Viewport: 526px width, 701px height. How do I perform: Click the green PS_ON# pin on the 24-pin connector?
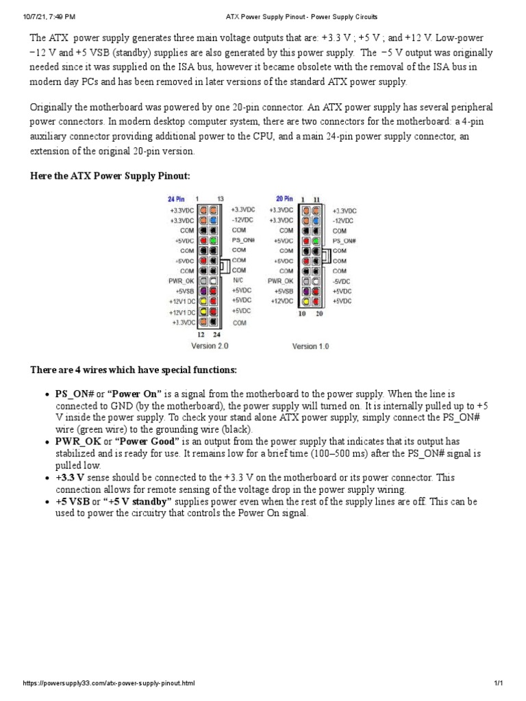pyautogui.click(x=214, y=241)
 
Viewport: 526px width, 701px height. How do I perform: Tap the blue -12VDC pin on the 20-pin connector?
pyautogui.click(x=315, y=221)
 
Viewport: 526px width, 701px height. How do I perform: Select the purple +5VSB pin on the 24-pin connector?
pyautogui.click(x=203, y=291)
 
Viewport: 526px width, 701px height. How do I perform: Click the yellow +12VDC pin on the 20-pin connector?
pyautogui.click(x=305, y=301)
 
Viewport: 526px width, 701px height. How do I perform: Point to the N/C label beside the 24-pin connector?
pyautogui.click(x=238, y=280)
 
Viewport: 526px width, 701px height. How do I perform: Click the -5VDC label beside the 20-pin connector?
pyautogui.click(x=341, y=281)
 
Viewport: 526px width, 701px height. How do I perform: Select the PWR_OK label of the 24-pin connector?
pyautogui.click(x=181, y=281)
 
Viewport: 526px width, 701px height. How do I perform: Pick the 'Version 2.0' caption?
pyautogui.click(x=210, y=346)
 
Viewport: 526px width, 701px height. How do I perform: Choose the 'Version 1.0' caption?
pyautogui.click(x=310, y=346)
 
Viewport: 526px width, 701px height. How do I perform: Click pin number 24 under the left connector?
pyautogui.click(x=216, y=335)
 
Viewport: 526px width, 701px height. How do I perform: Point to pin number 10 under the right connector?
pyautogui.click(x=301, y=314)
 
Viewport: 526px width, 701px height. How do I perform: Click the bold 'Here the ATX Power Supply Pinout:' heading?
pyautogui.click(x=110, y=176)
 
